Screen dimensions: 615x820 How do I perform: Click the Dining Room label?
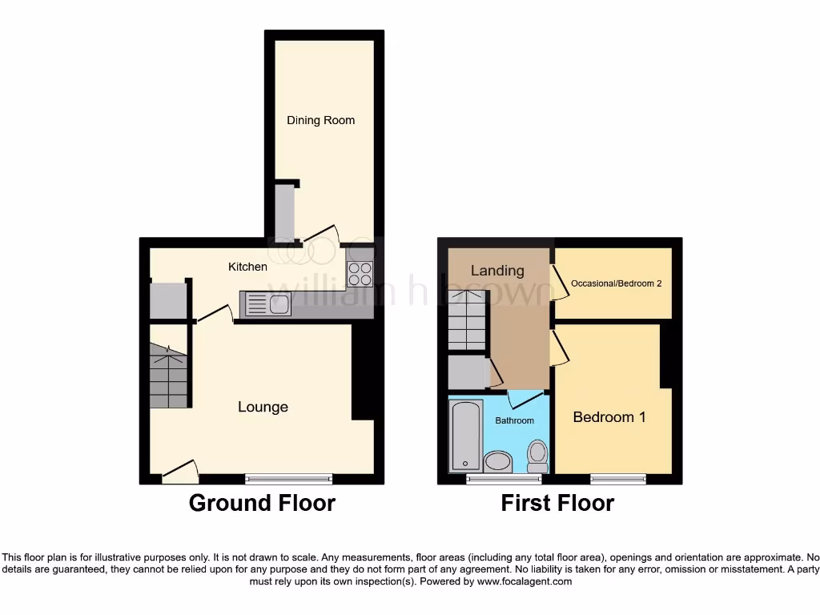pos(320,120)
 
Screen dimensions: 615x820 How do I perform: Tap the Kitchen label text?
pos(247,267)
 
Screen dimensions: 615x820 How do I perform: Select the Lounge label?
pos(263,407)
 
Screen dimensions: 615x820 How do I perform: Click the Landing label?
pos(496,271)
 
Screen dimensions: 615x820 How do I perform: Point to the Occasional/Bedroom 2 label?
pos(616,283)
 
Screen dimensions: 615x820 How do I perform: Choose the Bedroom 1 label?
pos(609,417)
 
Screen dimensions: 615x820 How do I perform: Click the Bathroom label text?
pos(514,420)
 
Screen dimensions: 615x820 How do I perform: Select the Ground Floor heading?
pos(262,503)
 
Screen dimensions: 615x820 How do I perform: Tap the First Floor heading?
pos(557,503)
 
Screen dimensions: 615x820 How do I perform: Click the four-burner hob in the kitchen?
pos(360,274)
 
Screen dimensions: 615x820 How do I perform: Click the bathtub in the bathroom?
pos(465,436)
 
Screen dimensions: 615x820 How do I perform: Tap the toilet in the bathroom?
pos(538,456)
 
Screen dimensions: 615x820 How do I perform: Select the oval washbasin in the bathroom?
pos(499,461)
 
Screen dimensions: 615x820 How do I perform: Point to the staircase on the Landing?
pos(467,320)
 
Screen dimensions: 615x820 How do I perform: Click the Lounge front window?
pos(288,479)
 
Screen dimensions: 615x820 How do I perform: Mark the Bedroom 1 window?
pos(618,479)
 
